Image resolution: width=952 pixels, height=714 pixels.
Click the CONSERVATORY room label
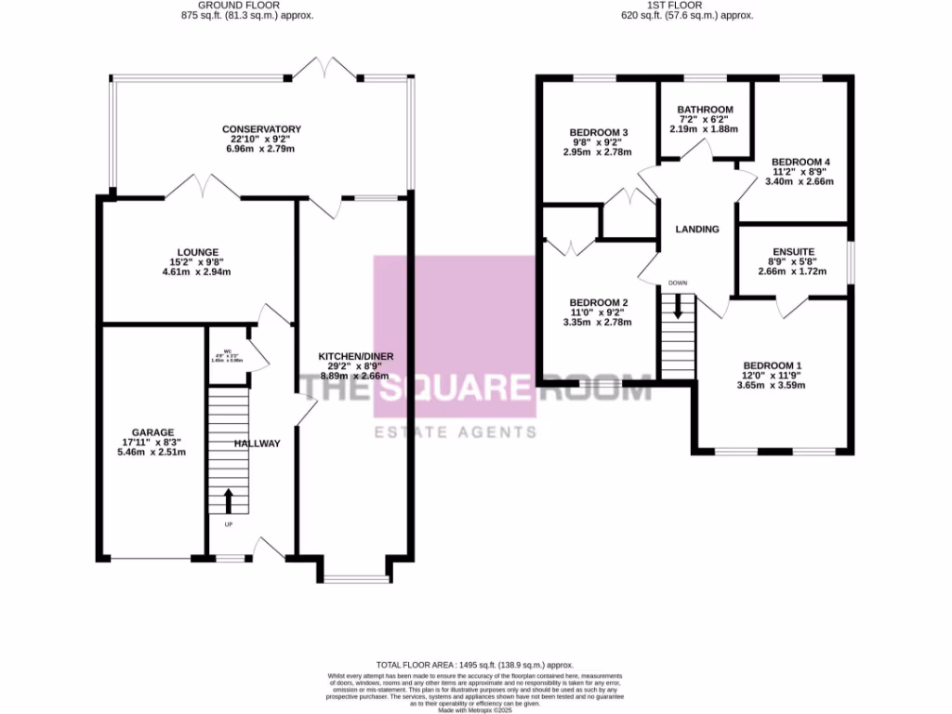[261, 128]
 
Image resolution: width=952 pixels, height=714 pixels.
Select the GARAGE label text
[153, 432]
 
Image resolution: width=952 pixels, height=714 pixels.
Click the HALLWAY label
[257, 443]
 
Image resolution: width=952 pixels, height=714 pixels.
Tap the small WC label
[227, 350]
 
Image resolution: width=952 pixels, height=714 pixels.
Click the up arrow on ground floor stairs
[229, 500]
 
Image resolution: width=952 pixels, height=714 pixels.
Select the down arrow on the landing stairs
[678, 306]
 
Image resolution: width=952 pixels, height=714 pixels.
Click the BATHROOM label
[705, 110]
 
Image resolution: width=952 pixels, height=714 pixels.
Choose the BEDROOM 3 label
[597, 132]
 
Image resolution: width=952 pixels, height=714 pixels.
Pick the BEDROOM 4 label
[800, 162]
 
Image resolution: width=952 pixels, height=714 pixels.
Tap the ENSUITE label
[793, 251]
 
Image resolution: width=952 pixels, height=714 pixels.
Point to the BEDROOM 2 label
[599, 303]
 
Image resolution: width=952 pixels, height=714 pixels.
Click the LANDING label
[697, 229]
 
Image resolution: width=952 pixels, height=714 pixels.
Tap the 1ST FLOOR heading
[686, 5]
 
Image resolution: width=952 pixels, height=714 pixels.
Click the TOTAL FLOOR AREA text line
[475, 666]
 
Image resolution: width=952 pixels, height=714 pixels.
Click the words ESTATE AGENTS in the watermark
[455, 432]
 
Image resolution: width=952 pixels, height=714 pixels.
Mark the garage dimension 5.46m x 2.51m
[153, 453]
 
